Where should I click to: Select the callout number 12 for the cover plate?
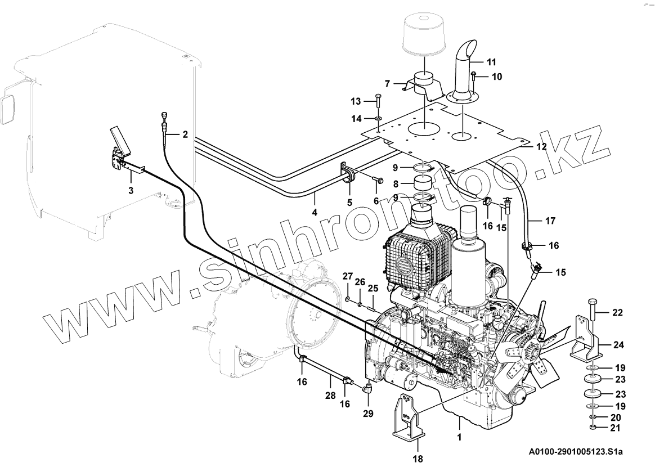541,147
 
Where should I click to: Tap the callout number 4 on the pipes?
315,213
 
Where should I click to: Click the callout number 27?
348,276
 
